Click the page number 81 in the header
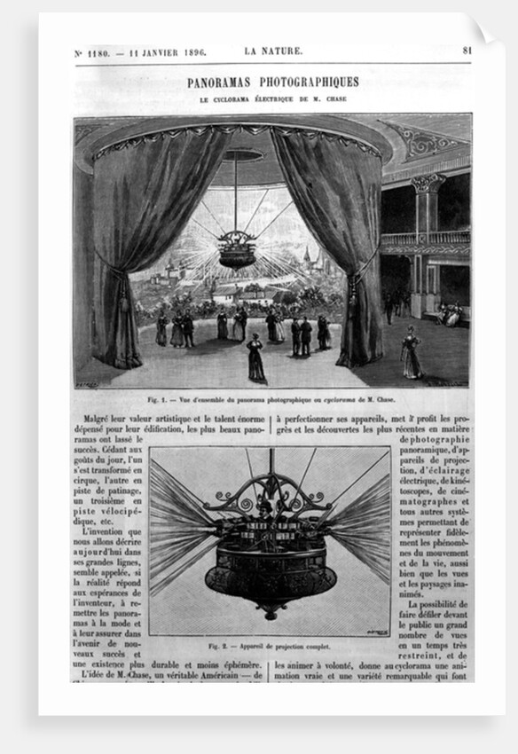tap(467, 51)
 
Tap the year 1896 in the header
tap(190, 52)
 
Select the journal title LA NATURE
tap(273, 51)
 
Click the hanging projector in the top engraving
tap(237, 248)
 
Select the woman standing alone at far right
tap(411, 351)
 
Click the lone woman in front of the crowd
tap(255, 357)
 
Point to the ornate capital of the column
tap(428, 184)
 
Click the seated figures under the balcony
tap(448, 314)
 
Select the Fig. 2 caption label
tap(218, 646)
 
